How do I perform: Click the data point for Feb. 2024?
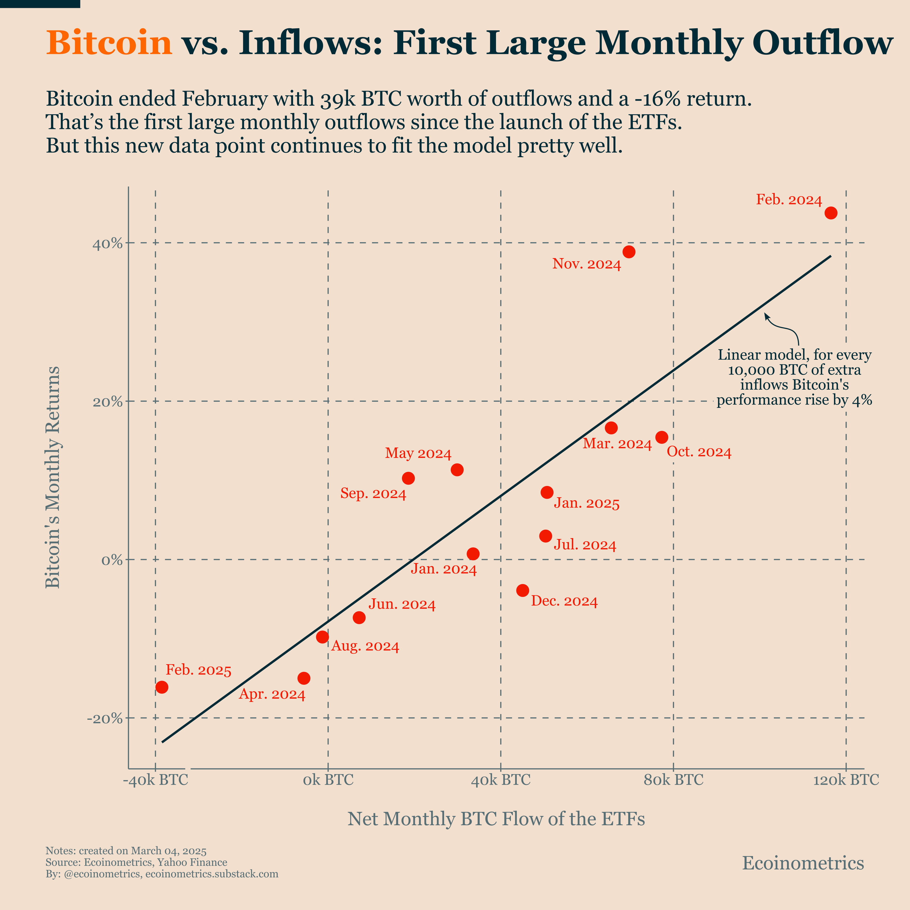[x=831, y=213]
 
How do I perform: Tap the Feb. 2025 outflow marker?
[x=162, y=687]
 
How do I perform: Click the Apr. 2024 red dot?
[x=304, y=678]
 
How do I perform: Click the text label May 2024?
[x=418, y=454]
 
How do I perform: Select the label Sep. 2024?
[x=373, y=494]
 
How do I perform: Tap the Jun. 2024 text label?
[x=402, y=605]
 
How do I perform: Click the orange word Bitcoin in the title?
[x=109, y=43]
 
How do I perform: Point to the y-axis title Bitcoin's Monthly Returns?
[x=53, y=477]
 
